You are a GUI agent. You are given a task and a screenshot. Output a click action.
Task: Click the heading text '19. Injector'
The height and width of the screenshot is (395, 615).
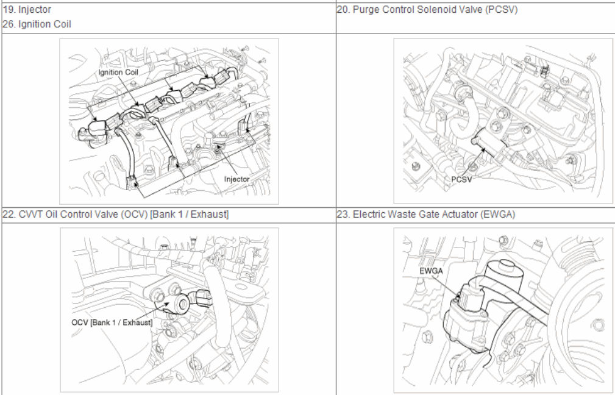click(27, 9)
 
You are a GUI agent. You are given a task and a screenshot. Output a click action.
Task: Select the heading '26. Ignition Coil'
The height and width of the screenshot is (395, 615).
click(37, 24)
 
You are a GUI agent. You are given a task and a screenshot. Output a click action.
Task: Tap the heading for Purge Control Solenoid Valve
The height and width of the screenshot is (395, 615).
click(427, 9)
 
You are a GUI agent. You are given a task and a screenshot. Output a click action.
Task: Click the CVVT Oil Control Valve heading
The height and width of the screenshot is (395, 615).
click(116, 215)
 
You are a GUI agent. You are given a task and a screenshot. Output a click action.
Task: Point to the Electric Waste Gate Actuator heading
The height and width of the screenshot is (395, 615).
click(426, 215)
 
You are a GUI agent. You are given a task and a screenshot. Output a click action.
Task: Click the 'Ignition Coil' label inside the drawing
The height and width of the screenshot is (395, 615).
click(118, 73)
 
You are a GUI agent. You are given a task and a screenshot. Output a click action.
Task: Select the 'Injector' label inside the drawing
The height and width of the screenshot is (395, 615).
click(236, 179)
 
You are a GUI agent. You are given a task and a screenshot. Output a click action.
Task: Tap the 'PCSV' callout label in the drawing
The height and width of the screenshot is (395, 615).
click(461, 179)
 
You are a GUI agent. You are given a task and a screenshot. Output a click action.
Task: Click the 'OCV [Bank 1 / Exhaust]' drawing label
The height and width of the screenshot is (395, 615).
click(112, 322)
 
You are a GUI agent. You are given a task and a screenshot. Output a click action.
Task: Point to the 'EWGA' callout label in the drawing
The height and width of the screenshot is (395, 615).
click(431, 271)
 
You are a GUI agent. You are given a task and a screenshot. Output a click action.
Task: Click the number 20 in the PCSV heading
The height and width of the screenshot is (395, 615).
click(343, 9)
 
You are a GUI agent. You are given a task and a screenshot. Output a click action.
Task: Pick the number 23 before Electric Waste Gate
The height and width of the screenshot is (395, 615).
click(343, 215)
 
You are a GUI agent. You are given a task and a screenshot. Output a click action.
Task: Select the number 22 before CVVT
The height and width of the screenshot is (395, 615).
click(9, 215)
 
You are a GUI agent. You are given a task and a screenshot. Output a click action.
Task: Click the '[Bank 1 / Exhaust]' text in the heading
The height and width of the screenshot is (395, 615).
click(189, 215)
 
